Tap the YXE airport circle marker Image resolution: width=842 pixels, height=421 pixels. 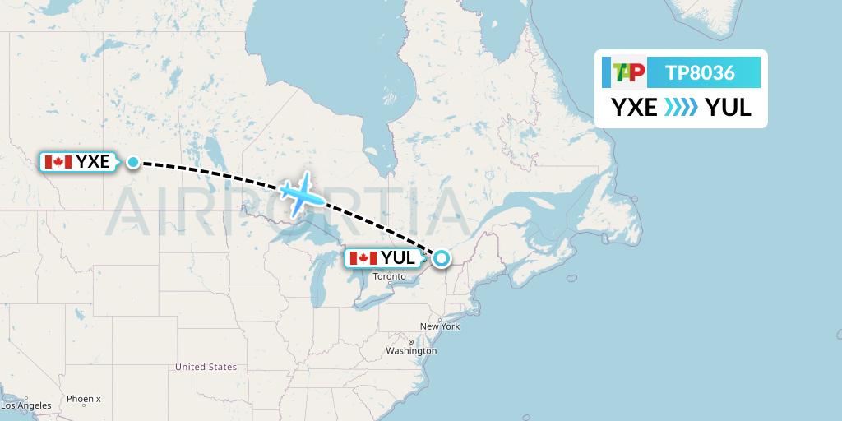[x=133, y=162]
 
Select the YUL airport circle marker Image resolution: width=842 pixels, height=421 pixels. [x=442, y=258]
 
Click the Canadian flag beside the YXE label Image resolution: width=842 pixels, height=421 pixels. [x=58, y=162]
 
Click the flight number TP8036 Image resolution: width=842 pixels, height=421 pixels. [x=700, y=72]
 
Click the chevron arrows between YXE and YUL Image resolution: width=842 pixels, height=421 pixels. [x=681, y=108]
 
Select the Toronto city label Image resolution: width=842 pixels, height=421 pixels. [x=390, y=276]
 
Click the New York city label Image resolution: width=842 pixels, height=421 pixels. [x=439, y=326]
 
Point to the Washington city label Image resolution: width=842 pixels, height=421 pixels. [x=411, y=351]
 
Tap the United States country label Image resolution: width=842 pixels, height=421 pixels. [x=206, y=367]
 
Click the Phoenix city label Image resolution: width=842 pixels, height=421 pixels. [x=83, y=399]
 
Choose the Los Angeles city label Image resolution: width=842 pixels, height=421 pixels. [x=25, y=405]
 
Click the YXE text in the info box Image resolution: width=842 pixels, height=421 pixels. [x=634, y=108]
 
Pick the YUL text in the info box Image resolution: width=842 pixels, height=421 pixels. [x=729, y=108]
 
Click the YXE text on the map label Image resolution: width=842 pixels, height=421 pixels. [x=93, y=162]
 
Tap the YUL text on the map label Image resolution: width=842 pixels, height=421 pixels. [x=398, y=258]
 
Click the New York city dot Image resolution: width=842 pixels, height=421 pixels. [x=445, y=317]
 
